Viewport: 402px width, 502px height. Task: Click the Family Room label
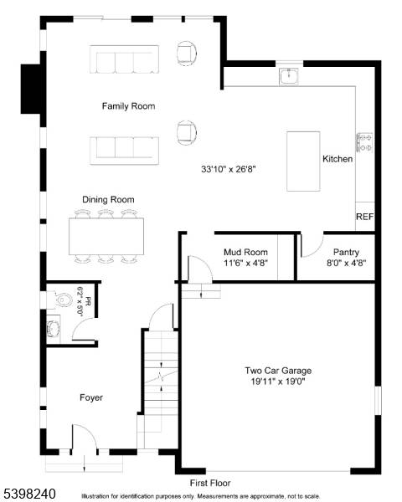[128, 106]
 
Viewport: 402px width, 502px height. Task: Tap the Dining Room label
[108, 200]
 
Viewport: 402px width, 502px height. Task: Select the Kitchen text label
[338, 159]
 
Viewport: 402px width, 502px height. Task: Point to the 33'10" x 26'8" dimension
[228, 169]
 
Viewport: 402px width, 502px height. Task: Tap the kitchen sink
[290, 77]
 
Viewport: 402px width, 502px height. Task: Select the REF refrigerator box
[364, 217]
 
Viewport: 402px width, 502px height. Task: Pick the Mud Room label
[245, 252]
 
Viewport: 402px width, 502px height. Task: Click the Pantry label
[346, 252]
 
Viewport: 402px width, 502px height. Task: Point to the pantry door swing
[310, 244]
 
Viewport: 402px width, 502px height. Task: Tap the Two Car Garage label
[278, 371]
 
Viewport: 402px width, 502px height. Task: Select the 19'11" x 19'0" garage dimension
[278, 382]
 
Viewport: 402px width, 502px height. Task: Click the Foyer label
[91, 397]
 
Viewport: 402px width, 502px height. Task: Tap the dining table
[106, 238]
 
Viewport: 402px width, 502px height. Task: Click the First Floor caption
[209, 484]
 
